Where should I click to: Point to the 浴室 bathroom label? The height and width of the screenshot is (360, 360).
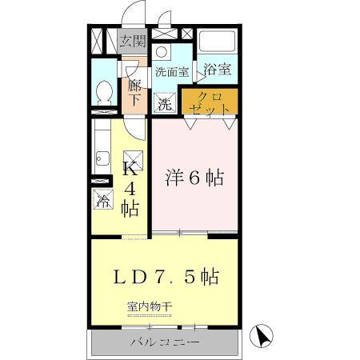(x=217, y=70)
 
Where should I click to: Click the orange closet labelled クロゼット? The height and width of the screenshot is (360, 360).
(x=210, y=101)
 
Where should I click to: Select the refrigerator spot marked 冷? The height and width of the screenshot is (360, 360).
(x=103, y=200)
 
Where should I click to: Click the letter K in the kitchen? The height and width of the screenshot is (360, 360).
(x=129, y=169)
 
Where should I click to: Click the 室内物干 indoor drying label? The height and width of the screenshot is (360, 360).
(x=150, y=306)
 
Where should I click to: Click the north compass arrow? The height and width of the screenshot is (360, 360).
(x=261, y=335)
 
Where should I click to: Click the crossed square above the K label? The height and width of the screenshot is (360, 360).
(x=135, y=157)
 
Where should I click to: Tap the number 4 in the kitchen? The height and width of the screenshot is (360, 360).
(x=129, y=190)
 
